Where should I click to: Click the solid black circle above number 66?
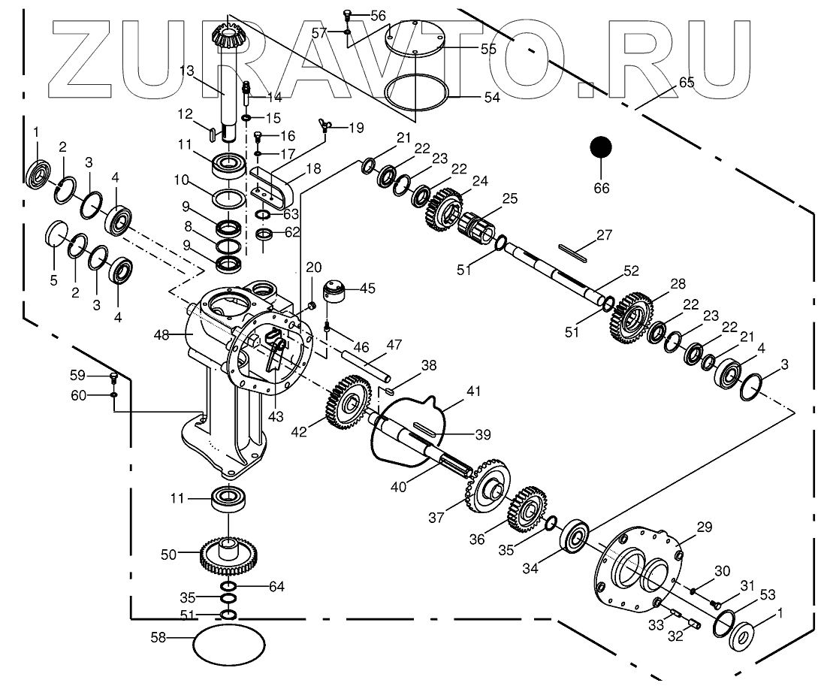pos(601,148)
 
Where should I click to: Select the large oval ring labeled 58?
pos(230,644)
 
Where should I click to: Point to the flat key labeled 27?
pos(572,252)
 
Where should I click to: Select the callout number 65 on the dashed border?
pos(686,82)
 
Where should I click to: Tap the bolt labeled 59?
pos(113,377)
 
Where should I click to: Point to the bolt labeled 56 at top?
pos(347,13)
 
